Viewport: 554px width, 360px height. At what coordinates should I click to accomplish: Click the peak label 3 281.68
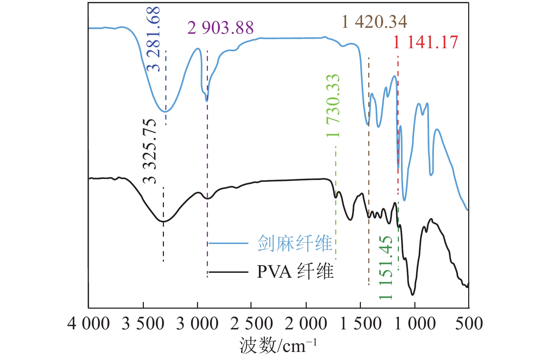coord(154,39)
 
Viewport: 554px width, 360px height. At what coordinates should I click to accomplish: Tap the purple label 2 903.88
coord(220,28)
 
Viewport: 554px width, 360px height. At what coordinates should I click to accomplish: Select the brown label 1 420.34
coord(374,22)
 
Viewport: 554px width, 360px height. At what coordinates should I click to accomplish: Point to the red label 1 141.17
coord(425,42)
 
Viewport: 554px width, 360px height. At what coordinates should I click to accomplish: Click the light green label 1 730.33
coord(333,106)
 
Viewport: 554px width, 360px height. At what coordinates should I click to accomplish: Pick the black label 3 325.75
coord(150,151)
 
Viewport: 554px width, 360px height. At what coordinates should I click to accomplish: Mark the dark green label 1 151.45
coord(386,268)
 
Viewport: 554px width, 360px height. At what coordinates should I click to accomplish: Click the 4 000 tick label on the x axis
coord(88,324)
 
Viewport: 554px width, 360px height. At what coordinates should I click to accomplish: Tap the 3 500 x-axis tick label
coord(143,324)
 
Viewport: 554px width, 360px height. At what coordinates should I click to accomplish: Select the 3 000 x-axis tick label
coord(197,324)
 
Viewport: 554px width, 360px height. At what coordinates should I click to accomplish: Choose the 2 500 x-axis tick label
coord(251,324)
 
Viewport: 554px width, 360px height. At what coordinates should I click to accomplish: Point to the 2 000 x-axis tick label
coord(306,324)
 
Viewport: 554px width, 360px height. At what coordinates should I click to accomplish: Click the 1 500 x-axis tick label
coord(361,324)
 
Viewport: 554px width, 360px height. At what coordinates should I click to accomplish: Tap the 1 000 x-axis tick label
coord(415,324)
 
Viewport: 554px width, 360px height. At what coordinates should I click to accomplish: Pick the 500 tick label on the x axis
coord(469,324)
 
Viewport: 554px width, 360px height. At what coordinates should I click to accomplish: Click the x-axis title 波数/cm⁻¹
coord(278,346)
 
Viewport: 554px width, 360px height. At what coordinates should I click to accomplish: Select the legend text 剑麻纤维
coord(295,243)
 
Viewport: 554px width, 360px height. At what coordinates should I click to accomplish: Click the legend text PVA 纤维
coord(295,272)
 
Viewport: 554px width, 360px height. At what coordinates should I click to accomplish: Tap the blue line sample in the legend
coord(229,243)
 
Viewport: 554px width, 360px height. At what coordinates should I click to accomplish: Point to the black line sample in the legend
coord(229,272)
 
